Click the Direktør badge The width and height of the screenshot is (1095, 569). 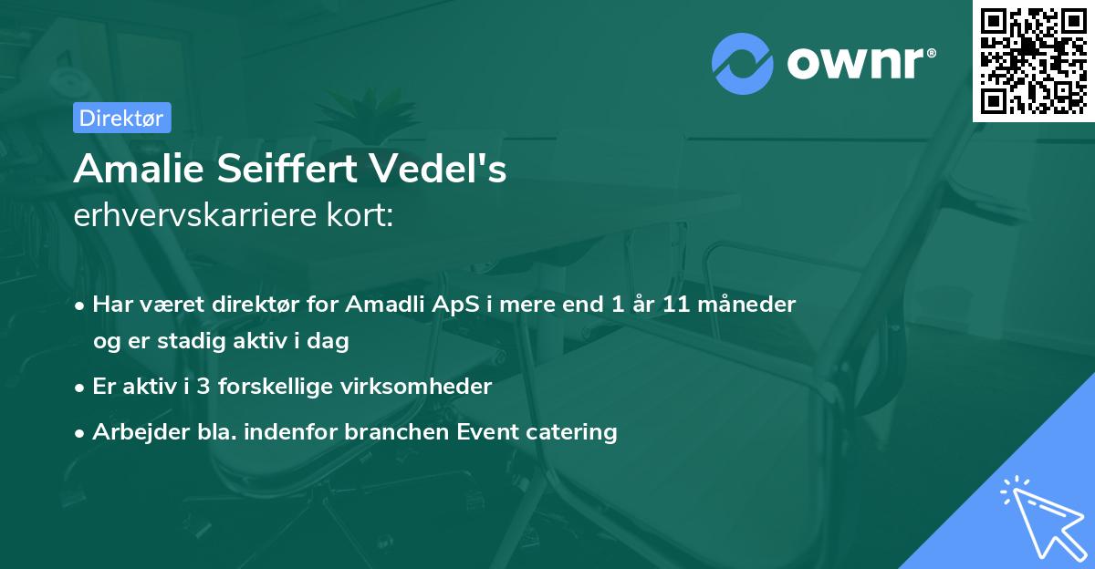[x=121, y=118]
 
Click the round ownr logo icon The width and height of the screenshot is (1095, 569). [x=743, y=64]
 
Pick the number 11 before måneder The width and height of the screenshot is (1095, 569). [x=677, y=304]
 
